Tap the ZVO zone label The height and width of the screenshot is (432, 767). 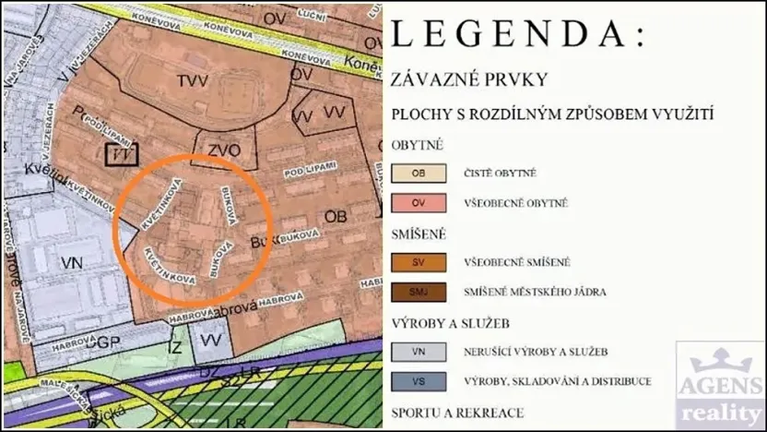(x=223, y=150)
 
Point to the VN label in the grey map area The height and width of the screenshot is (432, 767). (x=72, y=263)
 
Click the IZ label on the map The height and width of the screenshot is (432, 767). (x=175, y=348)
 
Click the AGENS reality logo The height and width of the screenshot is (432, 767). (x=721, y=383)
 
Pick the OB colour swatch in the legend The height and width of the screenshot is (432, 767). (x=419, y=173)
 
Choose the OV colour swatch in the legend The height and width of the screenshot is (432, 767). (x=419, y=202)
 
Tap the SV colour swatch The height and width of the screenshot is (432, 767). (x=419, y=262)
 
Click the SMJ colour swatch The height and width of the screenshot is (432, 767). (x=419, y=292)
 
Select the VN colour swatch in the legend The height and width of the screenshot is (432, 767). (x=419, y=351)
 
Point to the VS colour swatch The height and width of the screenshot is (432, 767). (x=419, y=380)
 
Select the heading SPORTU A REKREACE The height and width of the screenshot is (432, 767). (x=458, y=413)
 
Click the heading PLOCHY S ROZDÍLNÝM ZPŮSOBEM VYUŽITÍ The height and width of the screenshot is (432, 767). (x=553, y=115)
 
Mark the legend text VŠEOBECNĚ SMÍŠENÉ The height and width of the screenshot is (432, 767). (x=517, y=262)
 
